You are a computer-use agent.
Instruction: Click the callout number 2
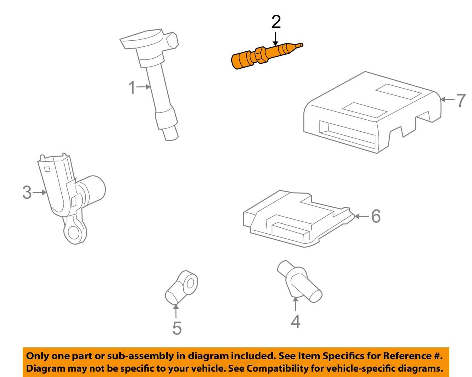276,22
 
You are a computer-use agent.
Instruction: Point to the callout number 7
461,100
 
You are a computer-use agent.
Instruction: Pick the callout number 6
376,216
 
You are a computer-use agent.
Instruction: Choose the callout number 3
27,192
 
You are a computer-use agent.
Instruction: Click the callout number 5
177,328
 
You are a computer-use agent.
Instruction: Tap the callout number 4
295,321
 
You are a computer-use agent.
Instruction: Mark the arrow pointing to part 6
362,216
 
